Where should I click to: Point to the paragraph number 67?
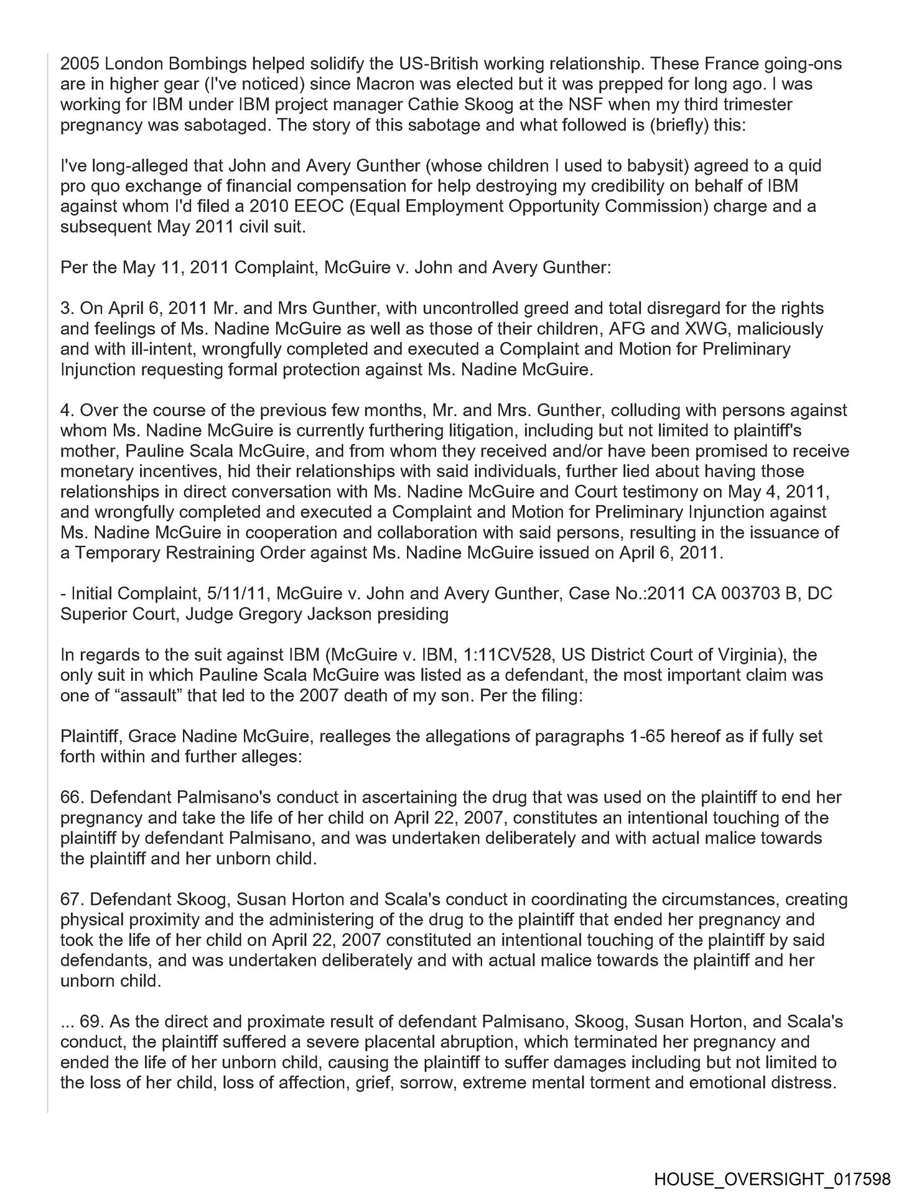(x=71, y=899)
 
